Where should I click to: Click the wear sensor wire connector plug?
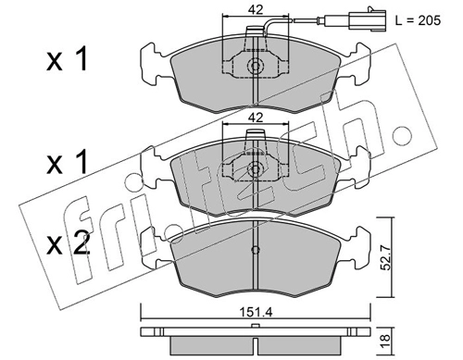pos(367,20)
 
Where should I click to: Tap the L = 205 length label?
pos(418,20)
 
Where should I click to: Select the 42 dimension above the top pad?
pos(256,10)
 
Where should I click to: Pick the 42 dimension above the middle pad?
pos(256,118)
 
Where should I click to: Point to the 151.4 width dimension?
pos(256,313)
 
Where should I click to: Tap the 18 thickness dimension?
pos(387,342)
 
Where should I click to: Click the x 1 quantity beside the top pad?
pos(68,60)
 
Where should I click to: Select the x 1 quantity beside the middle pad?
pos(68,163)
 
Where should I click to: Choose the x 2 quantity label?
pos(69,243)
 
